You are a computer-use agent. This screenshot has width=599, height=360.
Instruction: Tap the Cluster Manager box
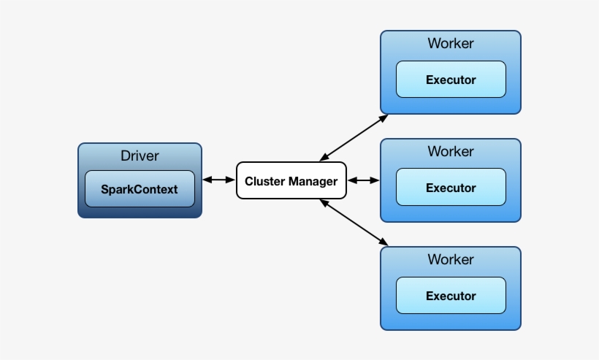[291, 180]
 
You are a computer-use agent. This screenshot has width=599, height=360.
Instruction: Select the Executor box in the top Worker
[451, 80]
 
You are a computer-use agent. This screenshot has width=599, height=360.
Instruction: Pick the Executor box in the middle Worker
[451, 188]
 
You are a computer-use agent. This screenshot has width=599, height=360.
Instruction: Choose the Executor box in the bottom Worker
[451, 296]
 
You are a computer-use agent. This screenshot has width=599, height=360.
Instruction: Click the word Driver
[140, 156]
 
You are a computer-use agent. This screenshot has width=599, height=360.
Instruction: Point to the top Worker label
[451, 43]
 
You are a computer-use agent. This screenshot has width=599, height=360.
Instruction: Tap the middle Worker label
[451, 151]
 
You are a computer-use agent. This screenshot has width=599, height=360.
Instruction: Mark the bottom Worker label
[451, 259]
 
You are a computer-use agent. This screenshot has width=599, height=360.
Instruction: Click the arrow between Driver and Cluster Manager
[218, 180]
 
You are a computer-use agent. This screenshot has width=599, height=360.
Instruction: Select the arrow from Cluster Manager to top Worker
[354, 137]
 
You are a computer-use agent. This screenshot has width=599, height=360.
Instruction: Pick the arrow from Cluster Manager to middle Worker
[363, 180]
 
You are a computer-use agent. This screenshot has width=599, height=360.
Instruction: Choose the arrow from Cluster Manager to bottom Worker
[354, 222]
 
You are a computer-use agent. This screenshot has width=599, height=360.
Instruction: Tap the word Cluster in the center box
[264, 181]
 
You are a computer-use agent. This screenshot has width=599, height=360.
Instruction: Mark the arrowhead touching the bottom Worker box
[384, 242]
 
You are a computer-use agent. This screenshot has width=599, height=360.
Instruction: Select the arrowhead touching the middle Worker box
[375, 180]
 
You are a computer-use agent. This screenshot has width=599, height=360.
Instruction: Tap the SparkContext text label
[140, 189]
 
